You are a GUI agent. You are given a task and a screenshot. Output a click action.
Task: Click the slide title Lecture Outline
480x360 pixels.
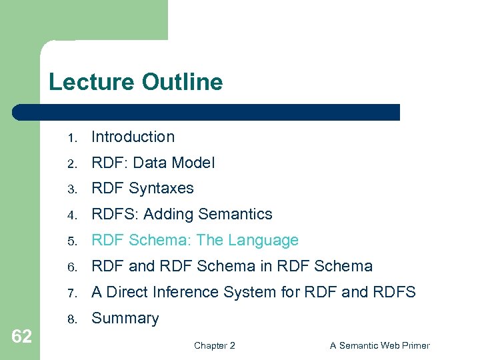[135, 83]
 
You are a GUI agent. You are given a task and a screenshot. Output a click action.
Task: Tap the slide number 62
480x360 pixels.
[21, 337]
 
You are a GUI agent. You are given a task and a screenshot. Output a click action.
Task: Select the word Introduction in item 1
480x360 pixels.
[133, 137]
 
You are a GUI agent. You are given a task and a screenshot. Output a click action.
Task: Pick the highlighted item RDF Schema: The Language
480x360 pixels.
[195, 240]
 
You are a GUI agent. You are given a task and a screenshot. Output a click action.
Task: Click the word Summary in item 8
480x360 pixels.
[125, 319]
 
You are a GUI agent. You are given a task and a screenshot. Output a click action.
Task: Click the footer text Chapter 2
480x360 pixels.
[214, 345]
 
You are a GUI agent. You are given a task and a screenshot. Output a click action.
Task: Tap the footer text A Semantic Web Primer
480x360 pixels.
[380, 345]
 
